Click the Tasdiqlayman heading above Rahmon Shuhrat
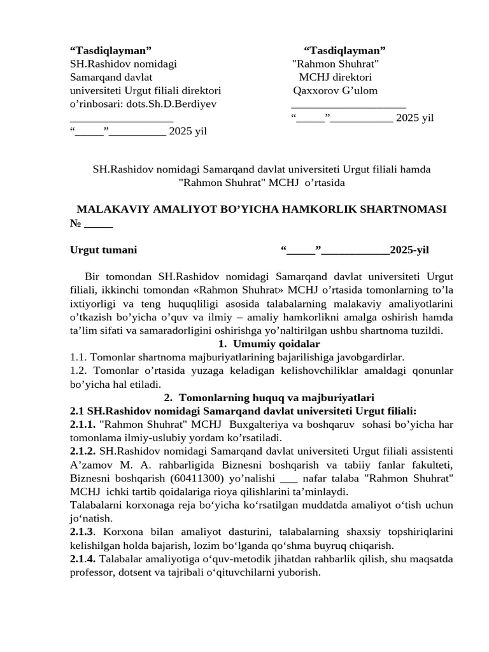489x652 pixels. [x=344, y=50]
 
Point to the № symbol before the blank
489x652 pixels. [x=75, y=223]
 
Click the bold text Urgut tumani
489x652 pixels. [x=103, y=250]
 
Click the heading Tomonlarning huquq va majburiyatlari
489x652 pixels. [x=275, y=397]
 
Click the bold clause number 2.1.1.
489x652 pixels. [x=83, y=424]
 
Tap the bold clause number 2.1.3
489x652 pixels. [x=82, y=531]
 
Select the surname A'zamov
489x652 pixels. [x=92, y=464]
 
